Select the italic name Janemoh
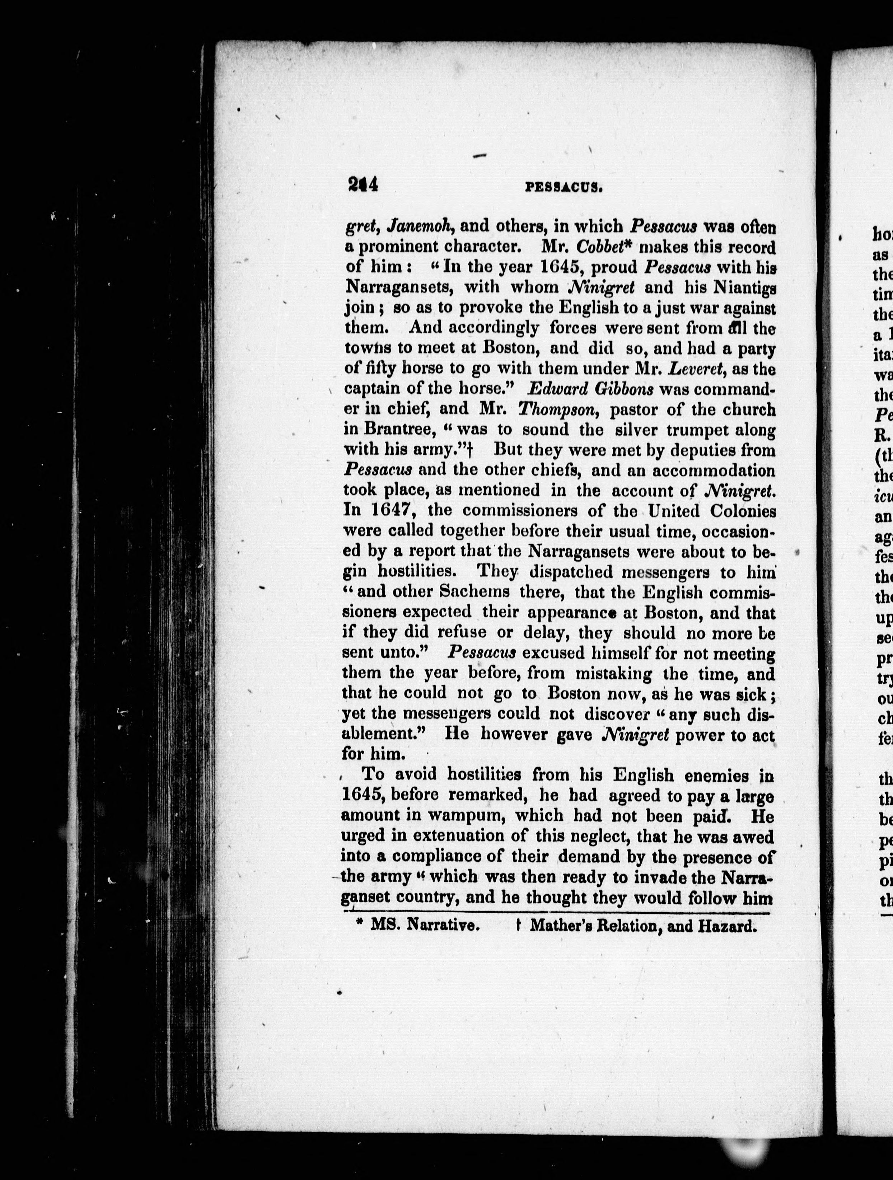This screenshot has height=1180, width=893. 422,227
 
